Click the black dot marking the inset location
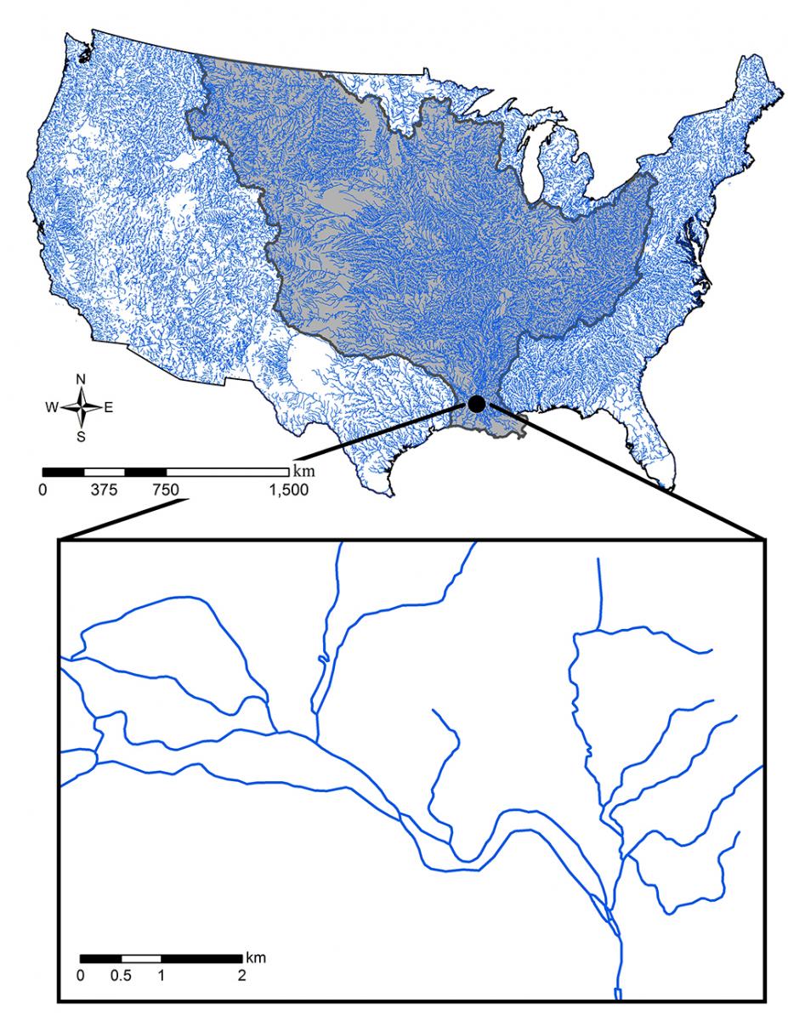pos(477,403)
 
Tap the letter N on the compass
pos(82,379)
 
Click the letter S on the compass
pos(82,437)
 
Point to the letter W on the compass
pos(52,408)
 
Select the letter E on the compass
pos(109,408)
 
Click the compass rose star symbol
pos(82,407)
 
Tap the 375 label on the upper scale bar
pos(105,490)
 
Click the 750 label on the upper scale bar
pos(167,490)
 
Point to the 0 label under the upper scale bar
pos(43,490)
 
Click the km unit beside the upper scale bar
pos(302,469)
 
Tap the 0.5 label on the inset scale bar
pos(121,976)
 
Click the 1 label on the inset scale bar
pos(161,976)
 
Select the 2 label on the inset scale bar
pos(242,976)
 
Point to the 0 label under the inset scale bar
pos(81,976)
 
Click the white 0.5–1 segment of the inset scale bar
pos(141,959)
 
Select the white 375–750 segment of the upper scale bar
pos(105,471)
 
